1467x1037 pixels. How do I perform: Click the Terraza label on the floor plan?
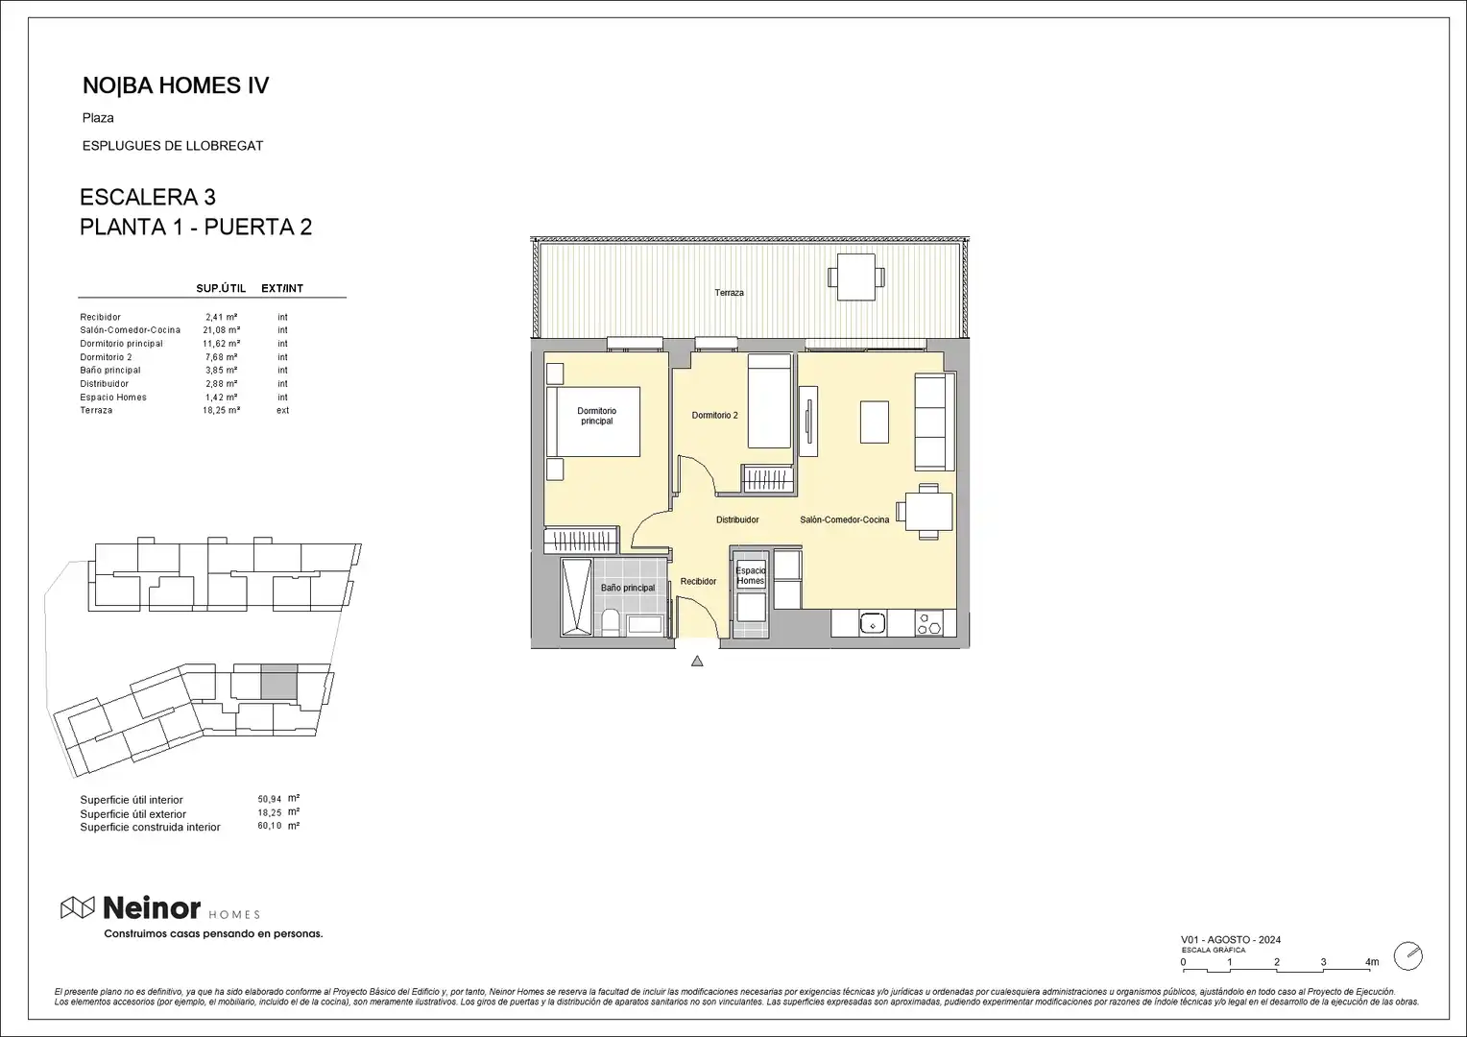tap(729, 293)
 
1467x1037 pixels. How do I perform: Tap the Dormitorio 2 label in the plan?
tap(714, 416)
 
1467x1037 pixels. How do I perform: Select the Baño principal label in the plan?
tap(627, 588)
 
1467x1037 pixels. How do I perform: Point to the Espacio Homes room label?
tap(751, 576)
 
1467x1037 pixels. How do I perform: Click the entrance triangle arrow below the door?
tap(697, 661)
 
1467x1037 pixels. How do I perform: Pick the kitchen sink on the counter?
tap(873, 623)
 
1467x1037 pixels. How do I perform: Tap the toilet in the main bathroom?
tap(610, 621)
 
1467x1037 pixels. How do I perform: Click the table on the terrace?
tap(856, 277)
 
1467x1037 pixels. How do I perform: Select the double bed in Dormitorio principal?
tap(592, 422)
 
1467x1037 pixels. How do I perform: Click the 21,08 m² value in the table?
tap(222, 330)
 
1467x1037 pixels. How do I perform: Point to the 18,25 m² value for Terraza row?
tap(222, 410)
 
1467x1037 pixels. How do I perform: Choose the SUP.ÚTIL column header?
tap(221, 288)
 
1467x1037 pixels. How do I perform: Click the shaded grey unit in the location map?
tap(279, 682)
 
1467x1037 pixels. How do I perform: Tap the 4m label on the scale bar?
tap(1372, 962)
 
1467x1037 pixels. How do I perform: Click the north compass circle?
tap(1408, 956)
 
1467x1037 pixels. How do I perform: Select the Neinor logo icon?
tap(77, 907)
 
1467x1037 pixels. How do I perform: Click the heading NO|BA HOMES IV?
tap(176, 85)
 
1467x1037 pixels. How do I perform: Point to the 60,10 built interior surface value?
tap(269, 826)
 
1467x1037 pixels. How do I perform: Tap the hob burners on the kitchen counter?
tap(929, 623)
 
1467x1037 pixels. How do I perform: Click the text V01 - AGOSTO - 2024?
tap(1231, 939)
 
